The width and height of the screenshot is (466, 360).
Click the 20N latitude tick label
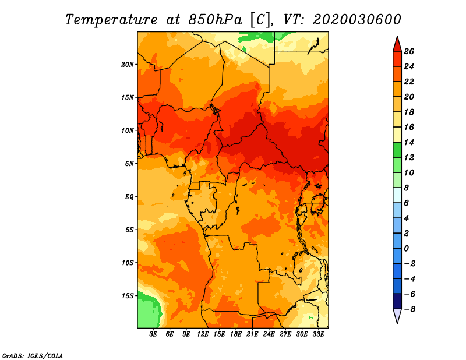click(127, 65)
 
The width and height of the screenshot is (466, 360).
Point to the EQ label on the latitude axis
click(129, 197)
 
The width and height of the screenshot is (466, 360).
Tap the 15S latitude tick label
click(128, 296)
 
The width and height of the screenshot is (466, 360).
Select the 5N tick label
click(129, 164)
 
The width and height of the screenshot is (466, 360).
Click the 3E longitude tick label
click(153, 334)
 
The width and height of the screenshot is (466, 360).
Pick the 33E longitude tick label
click(318, 334)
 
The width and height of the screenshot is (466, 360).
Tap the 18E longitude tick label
click(236, 334)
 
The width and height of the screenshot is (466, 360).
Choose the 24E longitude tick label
click(269, 334)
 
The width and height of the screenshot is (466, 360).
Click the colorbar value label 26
click(409, 52)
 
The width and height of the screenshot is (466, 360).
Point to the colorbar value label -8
click(409, 309)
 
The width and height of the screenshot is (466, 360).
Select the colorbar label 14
click(409, 143)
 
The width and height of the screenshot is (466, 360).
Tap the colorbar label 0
click(406, 249)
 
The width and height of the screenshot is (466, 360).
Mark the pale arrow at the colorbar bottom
click(397, 316)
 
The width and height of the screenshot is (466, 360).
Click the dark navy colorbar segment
click(397, 301)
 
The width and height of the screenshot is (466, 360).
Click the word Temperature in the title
click(111, 20)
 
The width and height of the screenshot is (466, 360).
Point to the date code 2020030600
click(357, 20)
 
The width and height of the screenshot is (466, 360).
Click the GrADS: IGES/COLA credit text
click(33, 356)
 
